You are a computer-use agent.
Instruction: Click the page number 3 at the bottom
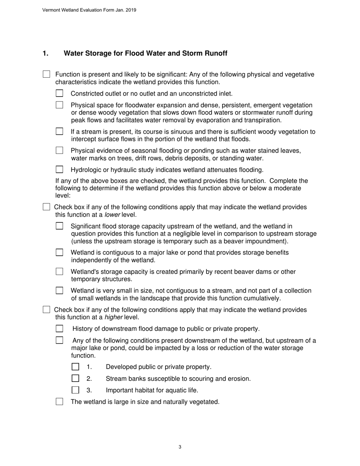tap(180, 447)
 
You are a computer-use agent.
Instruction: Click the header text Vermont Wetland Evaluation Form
tap(89, 10)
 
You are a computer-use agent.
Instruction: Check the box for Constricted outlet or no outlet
tap(59, 93)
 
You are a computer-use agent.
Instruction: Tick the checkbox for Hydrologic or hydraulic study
tap(59, 169)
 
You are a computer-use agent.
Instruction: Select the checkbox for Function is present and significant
tap(46, 74)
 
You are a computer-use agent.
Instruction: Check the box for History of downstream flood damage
tap(59, 328)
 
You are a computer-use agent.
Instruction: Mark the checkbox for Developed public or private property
tap(75, 367)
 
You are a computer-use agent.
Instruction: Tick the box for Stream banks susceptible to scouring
tap(75, 378)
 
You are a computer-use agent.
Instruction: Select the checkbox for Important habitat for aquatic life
tap(75, 390)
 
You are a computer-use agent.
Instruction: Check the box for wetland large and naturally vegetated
tap(59, 402)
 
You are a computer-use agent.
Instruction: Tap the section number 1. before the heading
tap(45, 53)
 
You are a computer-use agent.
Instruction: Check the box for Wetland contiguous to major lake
tap(59, 252)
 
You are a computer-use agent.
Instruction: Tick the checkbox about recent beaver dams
tap(59, 272)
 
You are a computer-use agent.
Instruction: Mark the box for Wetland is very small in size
tap(59, 291)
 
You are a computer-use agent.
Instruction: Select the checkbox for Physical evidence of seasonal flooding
tap(59, 150)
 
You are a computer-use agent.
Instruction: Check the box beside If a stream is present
tap(59, 131)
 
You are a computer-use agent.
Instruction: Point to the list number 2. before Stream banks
tap(89, 378)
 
